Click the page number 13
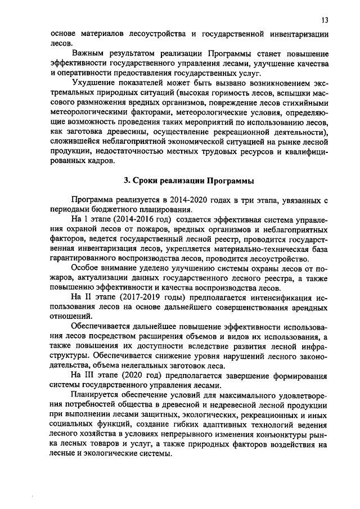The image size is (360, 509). coord(325,20)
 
